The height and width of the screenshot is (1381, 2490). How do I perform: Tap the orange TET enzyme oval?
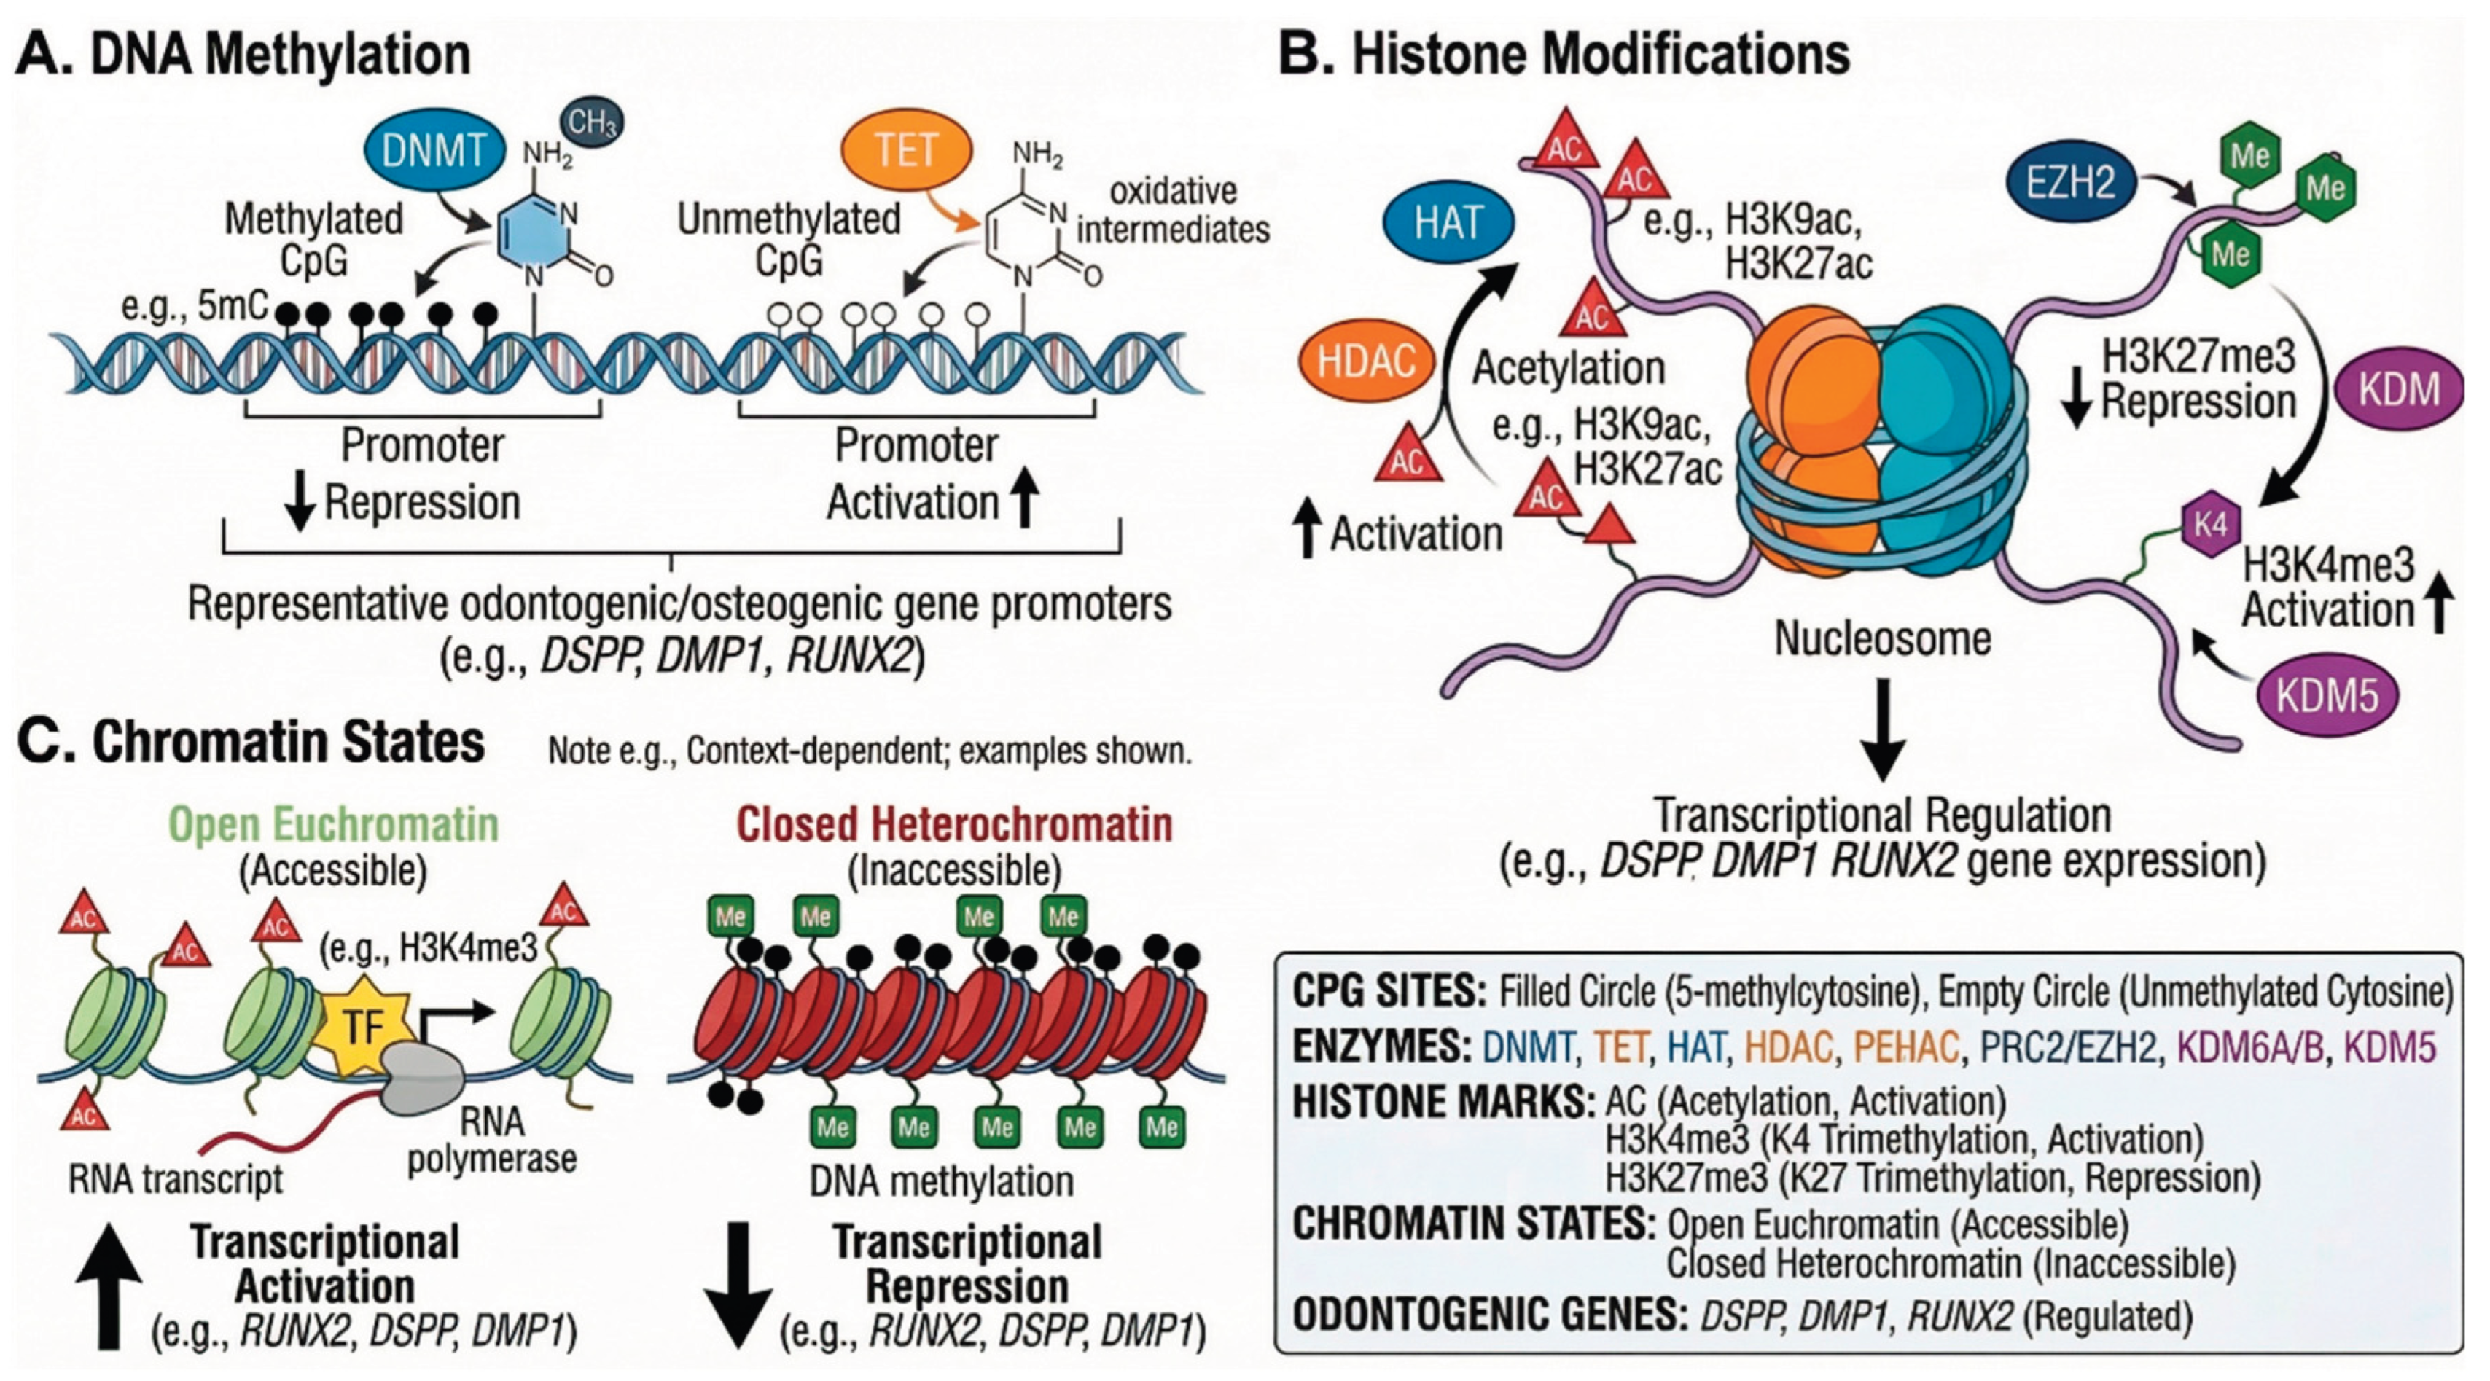(906, 150)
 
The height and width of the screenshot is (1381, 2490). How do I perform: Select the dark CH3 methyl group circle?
(592, 122)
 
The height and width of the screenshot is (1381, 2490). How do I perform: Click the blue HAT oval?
(1447, 222)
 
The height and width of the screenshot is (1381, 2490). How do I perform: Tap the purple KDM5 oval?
(2326, 695)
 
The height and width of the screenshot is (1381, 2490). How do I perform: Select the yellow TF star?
(364, 1025)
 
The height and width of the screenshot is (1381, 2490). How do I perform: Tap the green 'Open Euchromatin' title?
(334, 824)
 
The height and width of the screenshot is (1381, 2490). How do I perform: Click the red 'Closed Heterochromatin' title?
(954, 824)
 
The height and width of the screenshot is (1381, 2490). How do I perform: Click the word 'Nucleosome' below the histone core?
(1882, 639)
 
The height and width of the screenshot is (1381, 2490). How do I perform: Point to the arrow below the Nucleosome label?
(1883, 729)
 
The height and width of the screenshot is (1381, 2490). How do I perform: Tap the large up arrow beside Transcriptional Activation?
(109, 1286)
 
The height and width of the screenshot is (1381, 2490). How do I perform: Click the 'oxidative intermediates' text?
(1173, 210)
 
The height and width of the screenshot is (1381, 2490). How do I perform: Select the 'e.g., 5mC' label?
(193, 306)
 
